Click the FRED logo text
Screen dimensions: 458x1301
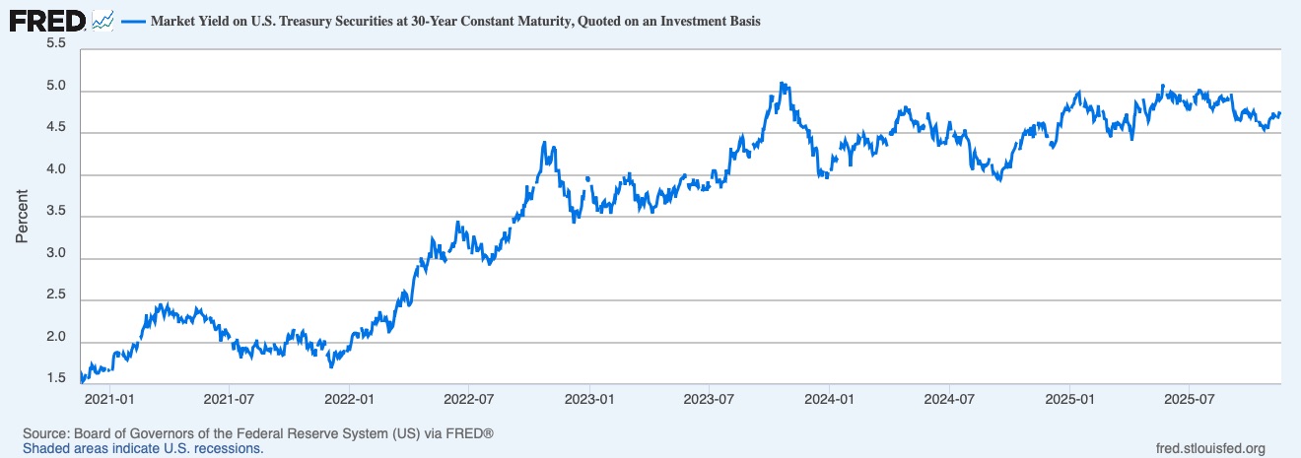[47, 19]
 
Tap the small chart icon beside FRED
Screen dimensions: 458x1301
[103, 20]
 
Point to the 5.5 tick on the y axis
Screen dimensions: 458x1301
[55, 44]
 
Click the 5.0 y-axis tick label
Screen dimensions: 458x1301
[55, 87]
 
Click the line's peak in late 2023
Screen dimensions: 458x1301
[782, 84]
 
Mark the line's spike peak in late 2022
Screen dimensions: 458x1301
[545, 143]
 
